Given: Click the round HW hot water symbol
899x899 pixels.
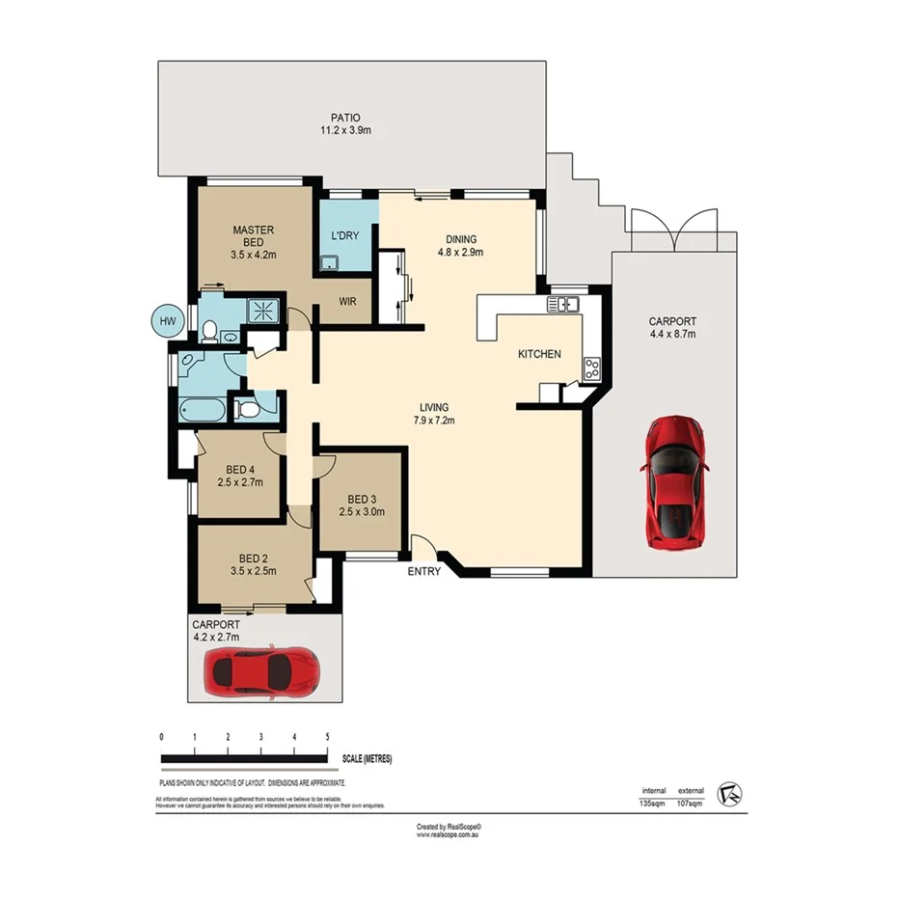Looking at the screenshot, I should coord(167,321).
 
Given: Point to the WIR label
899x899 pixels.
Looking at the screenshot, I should coord(348,301).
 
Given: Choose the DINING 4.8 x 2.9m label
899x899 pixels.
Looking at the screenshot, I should coord(461,246).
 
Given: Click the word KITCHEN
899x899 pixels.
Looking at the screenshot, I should coord(539,354).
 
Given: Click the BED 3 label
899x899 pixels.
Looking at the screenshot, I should coord(362,505).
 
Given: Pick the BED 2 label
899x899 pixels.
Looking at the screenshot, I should coord(252,564).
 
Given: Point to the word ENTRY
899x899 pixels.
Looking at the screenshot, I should coord(424,571).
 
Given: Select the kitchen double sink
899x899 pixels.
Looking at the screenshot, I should coord(562,305).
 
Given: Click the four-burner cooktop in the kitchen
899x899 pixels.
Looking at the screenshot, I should coord(591,368).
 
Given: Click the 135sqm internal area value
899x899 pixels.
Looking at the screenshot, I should coord(654,803).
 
